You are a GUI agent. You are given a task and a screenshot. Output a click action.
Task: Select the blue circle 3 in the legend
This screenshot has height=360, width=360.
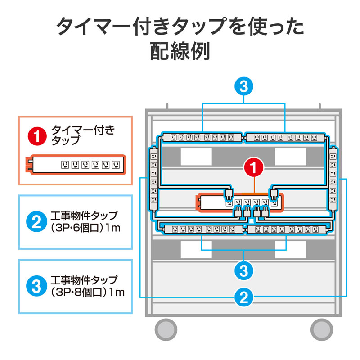coord(37,286)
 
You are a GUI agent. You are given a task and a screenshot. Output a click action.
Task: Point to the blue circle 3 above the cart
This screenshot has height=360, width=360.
coord(244,87)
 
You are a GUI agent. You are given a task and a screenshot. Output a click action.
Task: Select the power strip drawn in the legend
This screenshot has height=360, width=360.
coord(75,164)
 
